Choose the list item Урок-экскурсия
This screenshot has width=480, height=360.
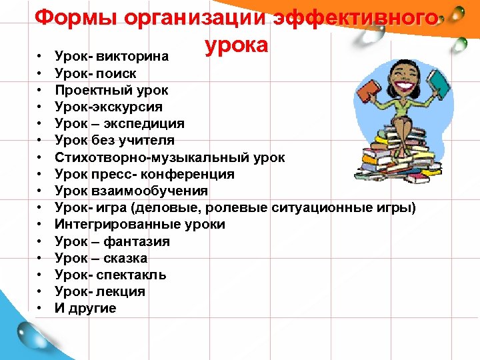[x=109, y=107]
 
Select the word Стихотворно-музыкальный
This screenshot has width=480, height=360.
[x=149, y=157]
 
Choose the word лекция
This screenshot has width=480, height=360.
[x=121, y=291]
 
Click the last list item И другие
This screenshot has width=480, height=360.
[x=85, y=308]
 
